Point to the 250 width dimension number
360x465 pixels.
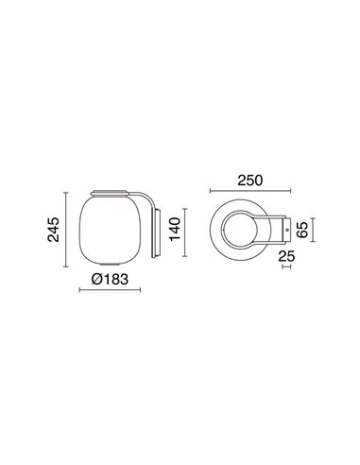[x=249, y=181]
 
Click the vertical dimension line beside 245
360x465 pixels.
[x=66, y=230]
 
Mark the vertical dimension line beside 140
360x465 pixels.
[x=185, y=229]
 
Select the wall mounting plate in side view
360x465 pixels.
[x=158, y=229]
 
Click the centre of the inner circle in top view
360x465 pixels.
[x=245, y=228]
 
